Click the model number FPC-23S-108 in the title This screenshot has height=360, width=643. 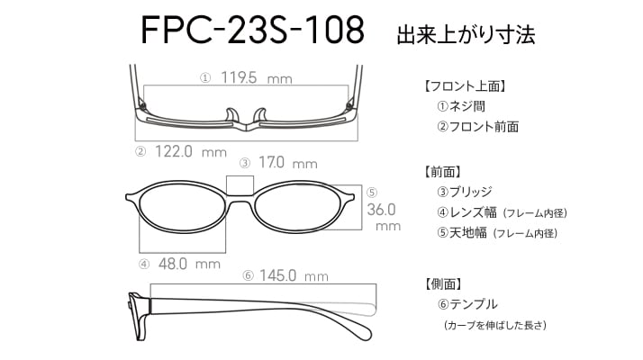[252, 30]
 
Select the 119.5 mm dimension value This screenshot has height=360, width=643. [257, 77]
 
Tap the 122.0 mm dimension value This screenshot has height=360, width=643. [191, 152]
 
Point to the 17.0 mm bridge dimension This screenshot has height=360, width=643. [288, 163]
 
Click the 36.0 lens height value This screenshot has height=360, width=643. [381, 210]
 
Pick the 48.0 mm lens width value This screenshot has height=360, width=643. [189, 264]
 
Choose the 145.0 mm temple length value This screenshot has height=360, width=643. [294, 275]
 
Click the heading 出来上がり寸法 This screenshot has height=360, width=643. [466, 34]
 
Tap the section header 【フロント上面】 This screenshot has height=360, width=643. [465, 86]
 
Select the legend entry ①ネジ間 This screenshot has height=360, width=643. [461, 106]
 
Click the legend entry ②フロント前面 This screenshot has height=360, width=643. [478, 127]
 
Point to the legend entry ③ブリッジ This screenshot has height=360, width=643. [465, 192]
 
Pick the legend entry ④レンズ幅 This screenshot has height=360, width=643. [466, 212]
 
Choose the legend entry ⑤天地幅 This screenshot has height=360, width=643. [462, 233]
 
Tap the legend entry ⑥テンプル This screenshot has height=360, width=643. [467, 304]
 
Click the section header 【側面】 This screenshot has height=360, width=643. [443, 283]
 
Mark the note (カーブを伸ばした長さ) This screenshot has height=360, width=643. [495, 325]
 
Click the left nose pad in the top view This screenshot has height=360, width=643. [231, 115]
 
